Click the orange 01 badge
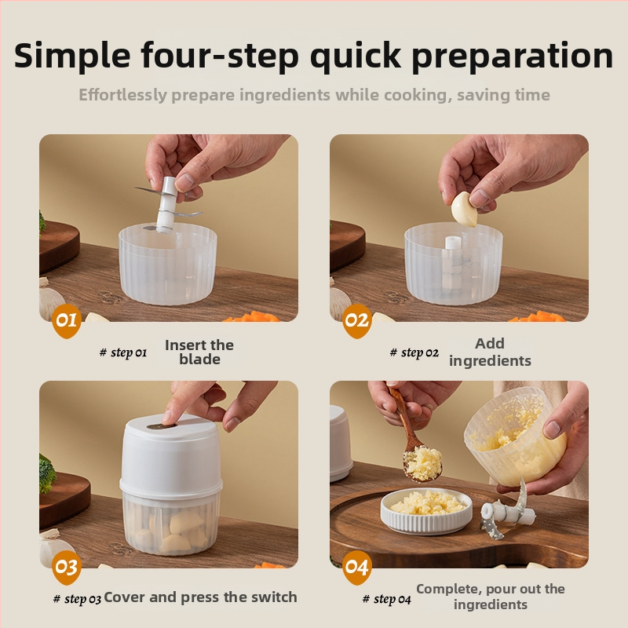pyautogui.click(x=67, y=320)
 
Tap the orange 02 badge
pyautogui.click(x=357, y=320)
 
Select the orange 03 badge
pyautogui.click(x=67, y=567)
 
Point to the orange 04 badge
pyautogui.click(x=357, y=567)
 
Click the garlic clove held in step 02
pyautogui.click(x=464, y=210)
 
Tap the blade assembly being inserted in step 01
pyautogui.click(x=167, y=204)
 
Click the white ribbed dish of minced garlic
pyautogui.click(x=426, y=512)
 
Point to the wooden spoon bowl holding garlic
pyautogui.click(x=423, y=464)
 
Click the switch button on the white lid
pyautogui.click(x=162, y=426)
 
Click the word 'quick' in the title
pyautogui.click(x=356, y=56)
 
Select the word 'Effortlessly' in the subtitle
pyautogui.click(x=122, y=95)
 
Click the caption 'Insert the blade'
pyautogui.click(x=199, y=352)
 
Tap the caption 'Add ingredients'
pyautogui.click(x=490, y=352)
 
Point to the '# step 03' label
pyautogui.click(x=77, y=599)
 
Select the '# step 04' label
pyautogui.click(x=386, y=599)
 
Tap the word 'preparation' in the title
pyautogui.click(x=513, y=57)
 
